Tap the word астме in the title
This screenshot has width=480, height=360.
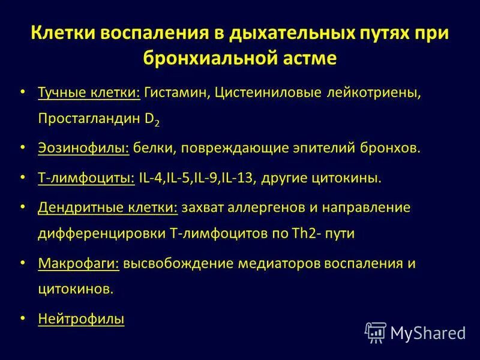click(308, 58)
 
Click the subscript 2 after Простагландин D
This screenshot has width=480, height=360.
click(157, 121)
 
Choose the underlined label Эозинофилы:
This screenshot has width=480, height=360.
click(83, 148)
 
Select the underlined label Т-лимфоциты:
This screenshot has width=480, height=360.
click(86, 178)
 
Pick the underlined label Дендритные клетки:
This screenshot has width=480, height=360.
click(107, 207)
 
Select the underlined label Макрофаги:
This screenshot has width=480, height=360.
click(79, 263)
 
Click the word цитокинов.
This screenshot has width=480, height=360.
click(75, 289)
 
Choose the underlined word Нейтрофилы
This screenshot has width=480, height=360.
click(81, 319)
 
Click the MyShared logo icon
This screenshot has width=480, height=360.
click(376, 332)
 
